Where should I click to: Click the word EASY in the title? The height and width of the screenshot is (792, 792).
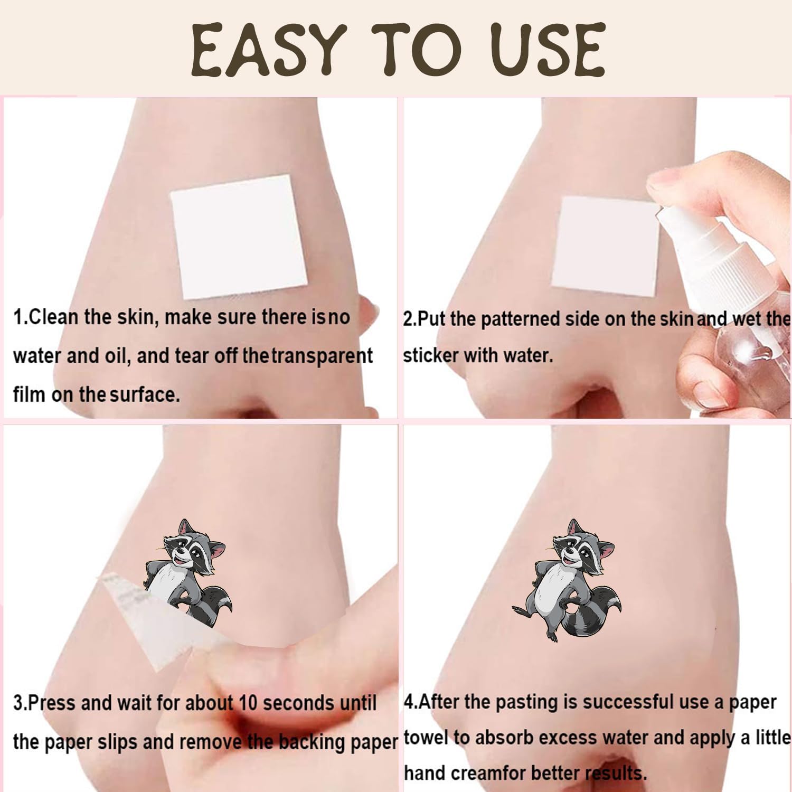[x=269, y=50]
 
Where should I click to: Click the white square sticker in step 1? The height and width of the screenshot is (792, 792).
[x=239, y=236]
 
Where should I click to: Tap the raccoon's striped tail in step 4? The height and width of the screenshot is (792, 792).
[x=591, y=612]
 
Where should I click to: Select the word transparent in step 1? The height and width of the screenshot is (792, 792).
[x=323, y=356]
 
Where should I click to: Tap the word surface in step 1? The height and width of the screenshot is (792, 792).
[x=145, y=394]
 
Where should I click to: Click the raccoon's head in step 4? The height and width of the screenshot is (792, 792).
[x=583, y=549]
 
